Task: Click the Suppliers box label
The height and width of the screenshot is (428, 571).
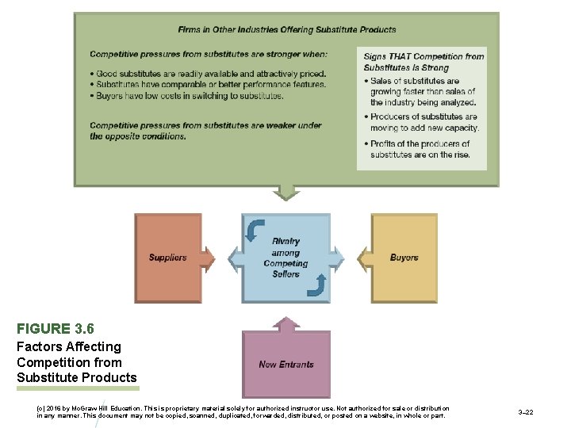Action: point(167,258)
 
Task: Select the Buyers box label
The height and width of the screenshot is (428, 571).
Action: point(404,258)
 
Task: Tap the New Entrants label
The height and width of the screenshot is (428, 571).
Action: point(285,365)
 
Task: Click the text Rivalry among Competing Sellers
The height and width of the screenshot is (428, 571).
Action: point(285,258)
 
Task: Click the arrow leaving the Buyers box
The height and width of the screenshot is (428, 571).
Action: point(360,258)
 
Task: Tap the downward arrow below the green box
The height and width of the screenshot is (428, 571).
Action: point(285,193)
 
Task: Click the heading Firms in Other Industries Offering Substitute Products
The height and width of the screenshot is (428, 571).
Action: point(286,30)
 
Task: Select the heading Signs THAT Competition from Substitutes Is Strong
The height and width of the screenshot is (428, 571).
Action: point(423,62)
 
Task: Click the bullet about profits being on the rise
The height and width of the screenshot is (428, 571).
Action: point(420,149)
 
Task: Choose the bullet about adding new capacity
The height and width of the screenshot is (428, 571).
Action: point(424,122)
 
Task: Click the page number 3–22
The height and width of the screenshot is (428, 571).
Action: point(525,412)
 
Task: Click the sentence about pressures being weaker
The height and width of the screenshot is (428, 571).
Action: point(205,130)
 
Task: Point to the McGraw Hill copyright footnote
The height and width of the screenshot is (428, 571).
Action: point(242,412)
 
